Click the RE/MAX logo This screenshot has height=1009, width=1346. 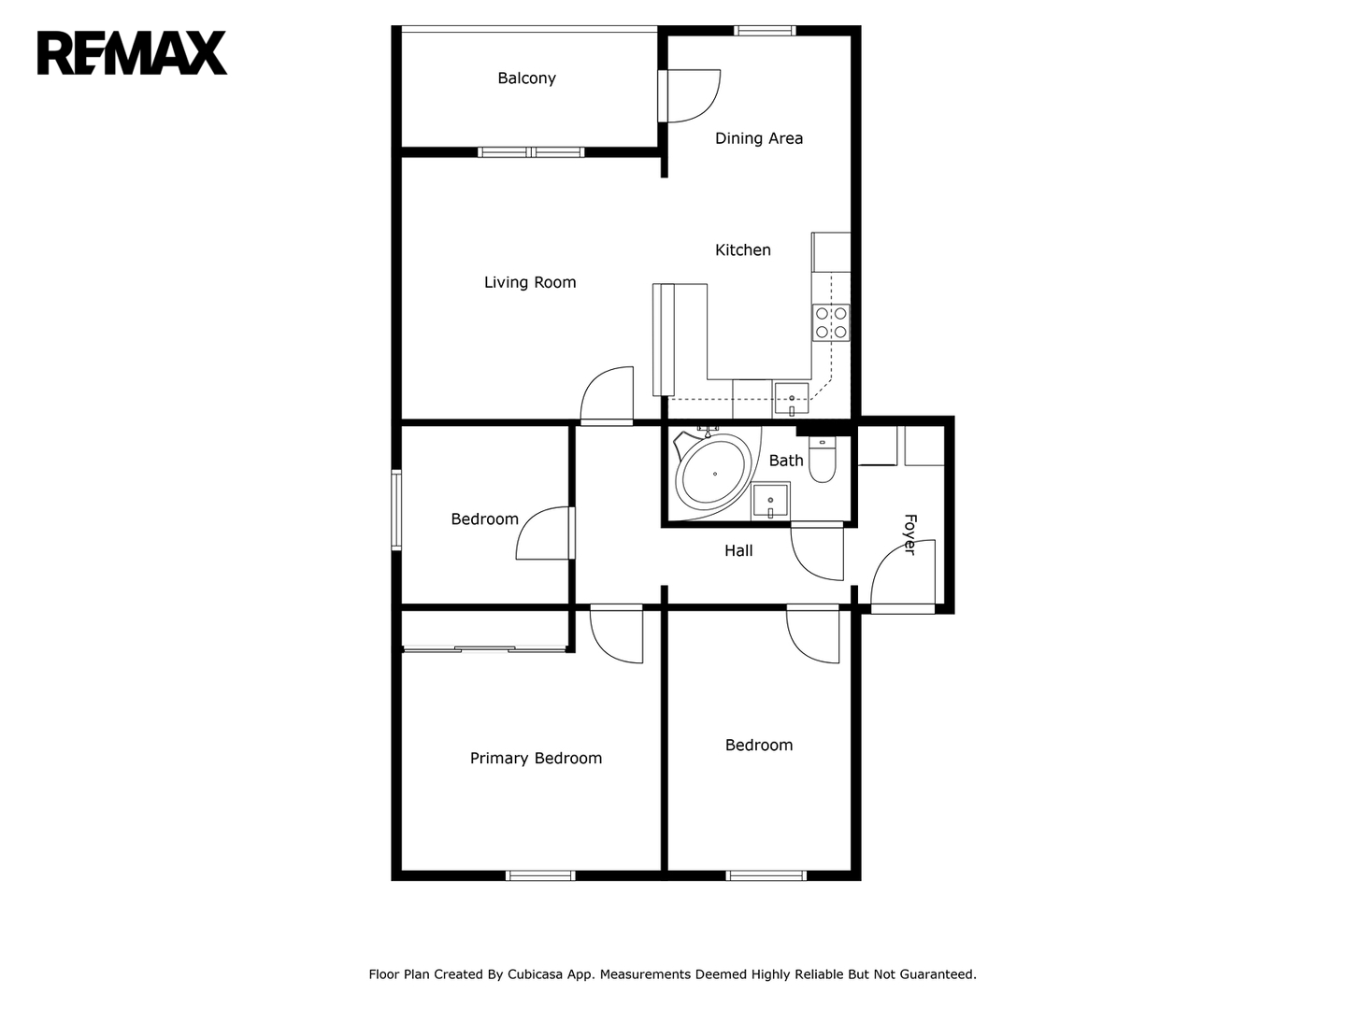(x=132, y=53)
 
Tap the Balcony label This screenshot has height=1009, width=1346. (x=526, y=78)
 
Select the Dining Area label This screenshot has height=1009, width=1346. (x=759, y=138)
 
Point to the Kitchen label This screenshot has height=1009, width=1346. (x=742, y=250)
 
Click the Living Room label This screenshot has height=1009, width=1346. (x=530, y=282)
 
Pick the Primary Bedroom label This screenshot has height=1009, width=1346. (x=536, y=759)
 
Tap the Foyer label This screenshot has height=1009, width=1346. (x=910, y=534)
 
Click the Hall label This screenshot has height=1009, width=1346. (x=738, y=551)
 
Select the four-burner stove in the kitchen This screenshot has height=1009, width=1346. (x=831, y=323)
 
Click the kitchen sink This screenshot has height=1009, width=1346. (x=791, y=399)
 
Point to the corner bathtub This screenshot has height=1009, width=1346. (x=712, y=474)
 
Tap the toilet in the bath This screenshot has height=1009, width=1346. (x=822, y=459)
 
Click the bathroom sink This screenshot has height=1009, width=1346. (x=770, y=501)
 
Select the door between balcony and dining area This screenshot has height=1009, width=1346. (x=689, y=96)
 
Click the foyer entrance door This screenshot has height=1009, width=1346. (x=903, y=576)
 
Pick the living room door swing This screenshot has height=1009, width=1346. (x=607, y=396)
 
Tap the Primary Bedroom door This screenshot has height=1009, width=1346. (x=617, y=634)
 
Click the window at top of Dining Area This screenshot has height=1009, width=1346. (x=765, y=31)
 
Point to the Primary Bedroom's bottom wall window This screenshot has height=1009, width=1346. (x=540, y=875)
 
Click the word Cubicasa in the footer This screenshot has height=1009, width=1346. (x=534, y=974)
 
